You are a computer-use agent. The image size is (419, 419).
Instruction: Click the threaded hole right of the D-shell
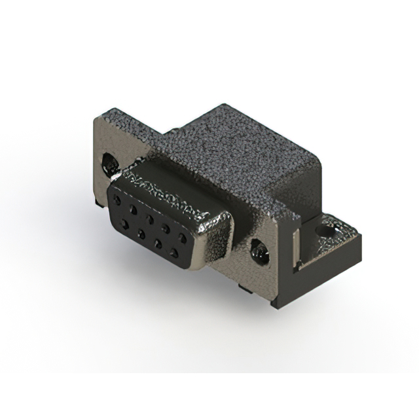coord(260,250)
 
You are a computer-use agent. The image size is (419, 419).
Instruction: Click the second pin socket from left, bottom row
coord(141,233)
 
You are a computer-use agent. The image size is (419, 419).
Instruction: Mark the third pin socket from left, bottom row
coord(159,242)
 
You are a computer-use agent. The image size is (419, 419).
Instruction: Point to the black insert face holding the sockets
coord(151,229)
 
